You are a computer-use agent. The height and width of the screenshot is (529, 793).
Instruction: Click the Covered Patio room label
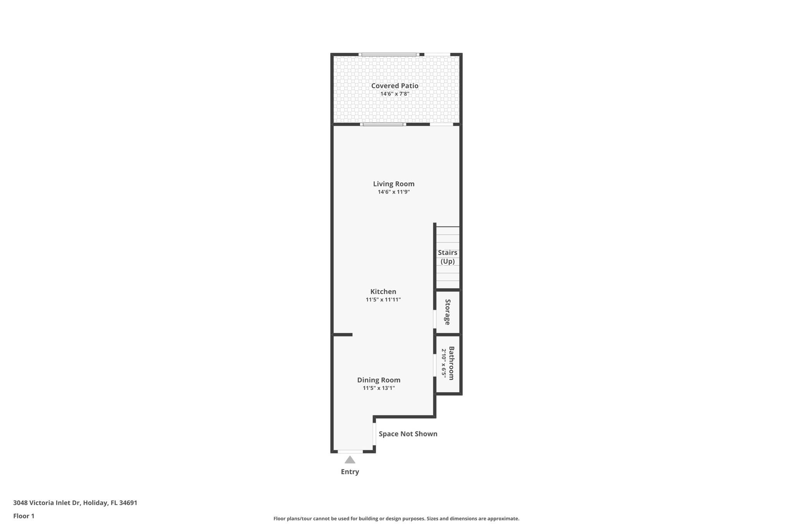pyautogui.click(x=395, y=86)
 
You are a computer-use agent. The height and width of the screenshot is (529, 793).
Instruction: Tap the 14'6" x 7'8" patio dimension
pyautogui.click(x=395, y=94)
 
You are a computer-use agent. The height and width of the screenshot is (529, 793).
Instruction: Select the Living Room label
pyautogui.click(x=394, y=184)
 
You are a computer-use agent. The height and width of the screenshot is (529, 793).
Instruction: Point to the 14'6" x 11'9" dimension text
pyautogui.click(x=394, y=192)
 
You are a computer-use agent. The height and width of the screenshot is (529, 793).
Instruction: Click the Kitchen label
pyautogui.click(x=383, y=291)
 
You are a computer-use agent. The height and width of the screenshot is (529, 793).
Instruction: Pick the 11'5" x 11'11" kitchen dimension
pyautogui.click(x=383, y=300)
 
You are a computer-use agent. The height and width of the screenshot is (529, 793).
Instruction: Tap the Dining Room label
pyautogui.click(x=379, y=380)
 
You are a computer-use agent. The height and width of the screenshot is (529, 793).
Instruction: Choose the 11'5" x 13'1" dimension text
pyautogui.click(x=379, y=388)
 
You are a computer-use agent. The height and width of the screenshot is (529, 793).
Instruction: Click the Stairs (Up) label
pyautogui.click(x=448, y=257)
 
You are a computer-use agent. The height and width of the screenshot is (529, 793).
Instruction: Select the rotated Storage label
pyautogui.click(x=448, y=312)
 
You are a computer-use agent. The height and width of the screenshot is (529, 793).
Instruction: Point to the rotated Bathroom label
pyautogui.click(x=451, y=363)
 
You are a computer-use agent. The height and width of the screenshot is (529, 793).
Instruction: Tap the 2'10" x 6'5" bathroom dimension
pyautogui.click(x=444, y=364)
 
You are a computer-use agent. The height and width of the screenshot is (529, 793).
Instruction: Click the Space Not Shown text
pyautogui.click(x=408, y=434)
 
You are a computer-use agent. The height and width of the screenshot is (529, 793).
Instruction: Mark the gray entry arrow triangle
pyautogui.click(x=350, y=460)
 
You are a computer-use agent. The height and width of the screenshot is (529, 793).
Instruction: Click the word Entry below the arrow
pyautogui.click(x=350, y=472)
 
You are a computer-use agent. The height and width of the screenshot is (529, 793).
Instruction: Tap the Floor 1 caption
pyautogui.click(x=24, y=516)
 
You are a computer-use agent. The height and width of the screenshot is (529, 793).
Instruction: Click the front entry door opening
pyautogui.click(x=350, y=451)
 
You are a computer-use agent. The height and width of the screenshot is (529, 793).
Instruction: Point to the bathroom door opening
pyautogui.click(x=435, y=365)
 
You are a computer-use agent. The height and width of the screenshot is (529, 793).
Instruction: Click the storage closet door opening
pyautogui.click(x=435, y=319)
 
